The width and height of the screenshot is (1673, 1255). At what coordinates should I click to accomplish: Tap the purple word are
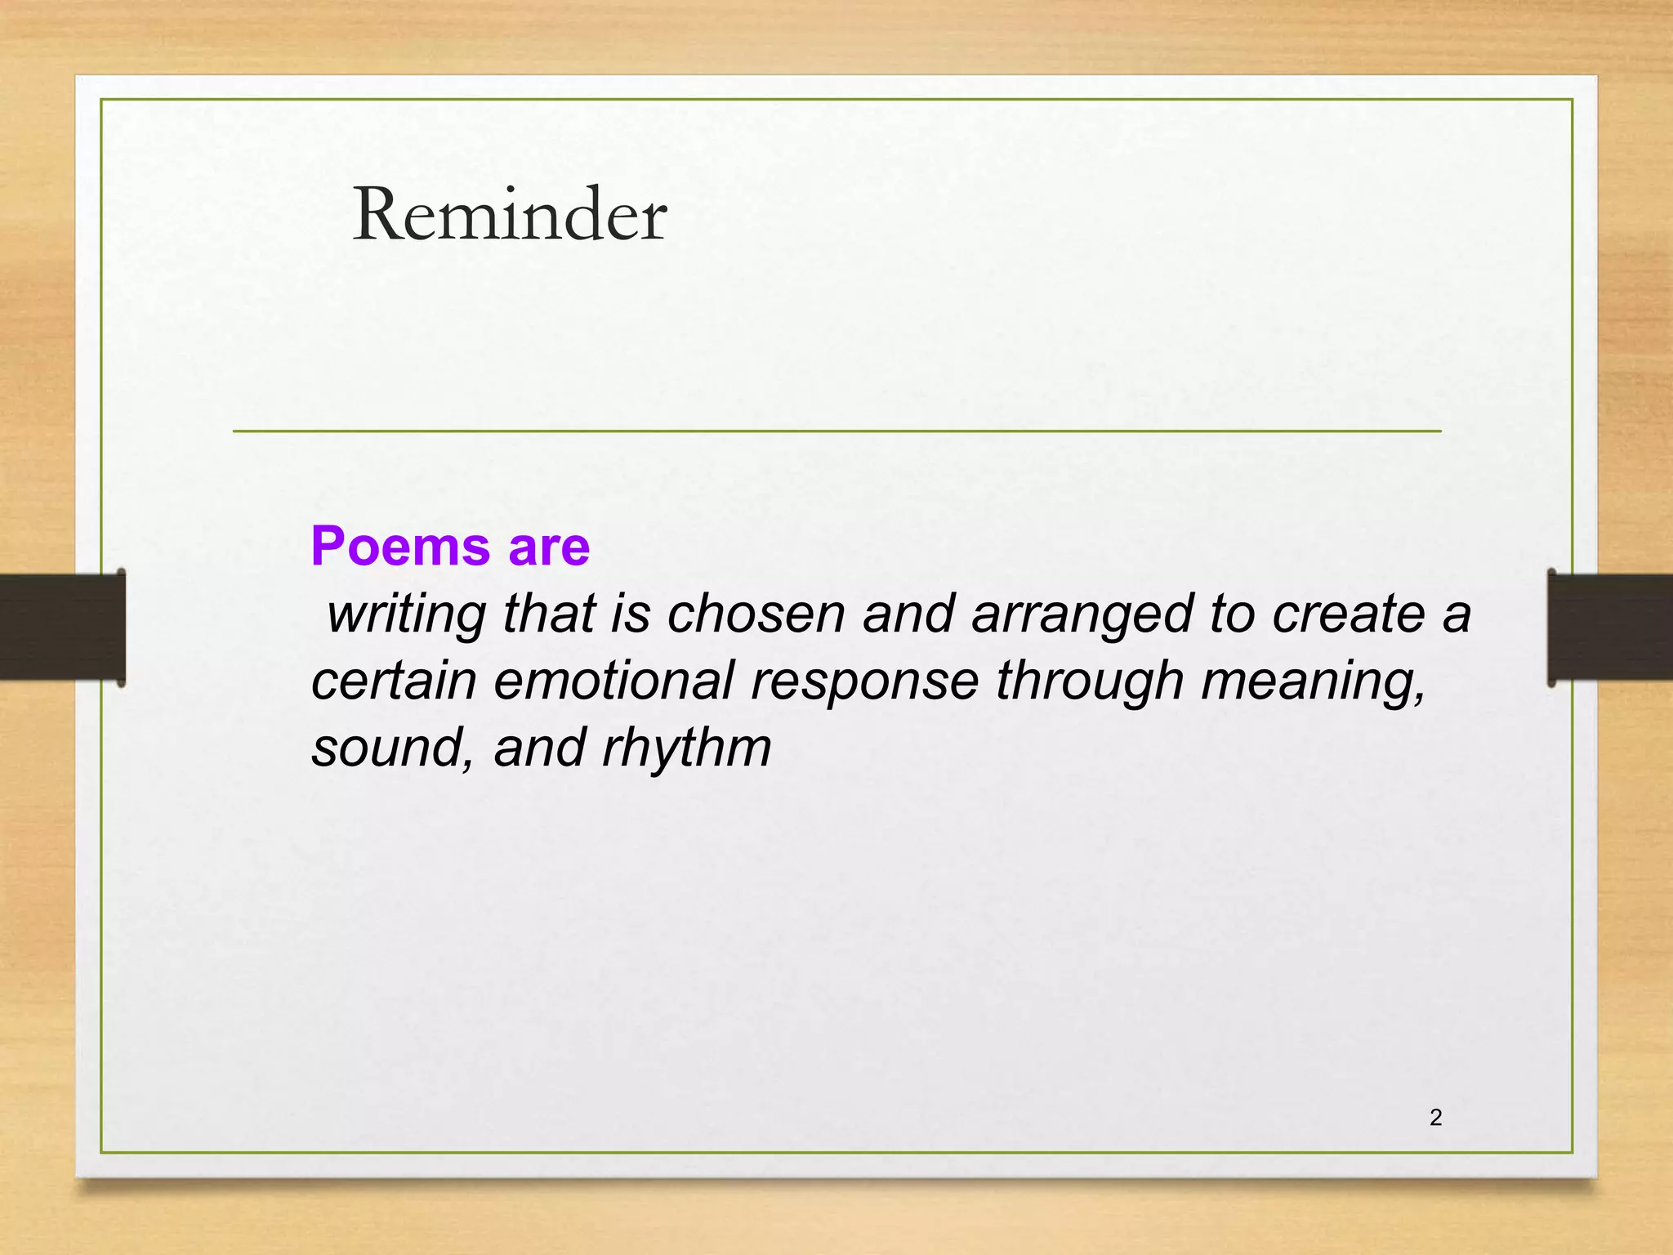(549, 547)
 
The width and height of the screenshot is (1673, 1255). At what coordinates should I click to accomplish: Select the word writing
(406, 614)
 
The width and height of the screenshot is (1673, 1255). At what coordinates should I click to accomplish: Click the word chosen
(756, 614)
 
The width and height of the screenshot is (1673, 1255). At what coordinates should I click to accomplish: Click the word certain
(394, 681)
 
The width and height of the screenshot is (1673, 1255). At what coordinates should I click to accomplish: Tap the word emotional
(613, 681)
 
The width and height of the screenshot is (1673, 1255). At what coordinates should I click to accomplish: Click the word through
(1090, 682)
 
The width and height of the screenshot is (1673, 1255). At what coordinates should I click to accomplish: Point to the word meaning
(1314, 682)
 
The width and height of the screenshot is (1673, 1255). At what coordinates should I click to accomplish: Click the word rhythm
(687, 748)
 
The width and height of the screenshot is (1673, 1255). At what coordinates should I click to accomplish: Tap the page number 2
(1435, 1118)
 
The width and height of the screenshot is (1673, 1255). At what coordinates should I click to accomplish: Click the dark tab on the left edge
(62, 627)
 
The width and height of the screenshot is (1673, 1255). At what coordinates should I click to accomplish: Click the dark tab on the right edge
(1609, 627)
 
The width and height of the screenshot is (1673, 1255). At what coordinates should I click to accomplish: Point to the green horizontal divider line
(836, 431)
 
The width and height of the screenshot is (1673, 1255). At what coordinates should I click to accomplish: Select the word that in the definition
(549, 614)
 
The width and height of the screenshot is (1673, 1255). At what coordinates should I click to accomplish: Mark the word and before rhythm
(539, 748)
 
